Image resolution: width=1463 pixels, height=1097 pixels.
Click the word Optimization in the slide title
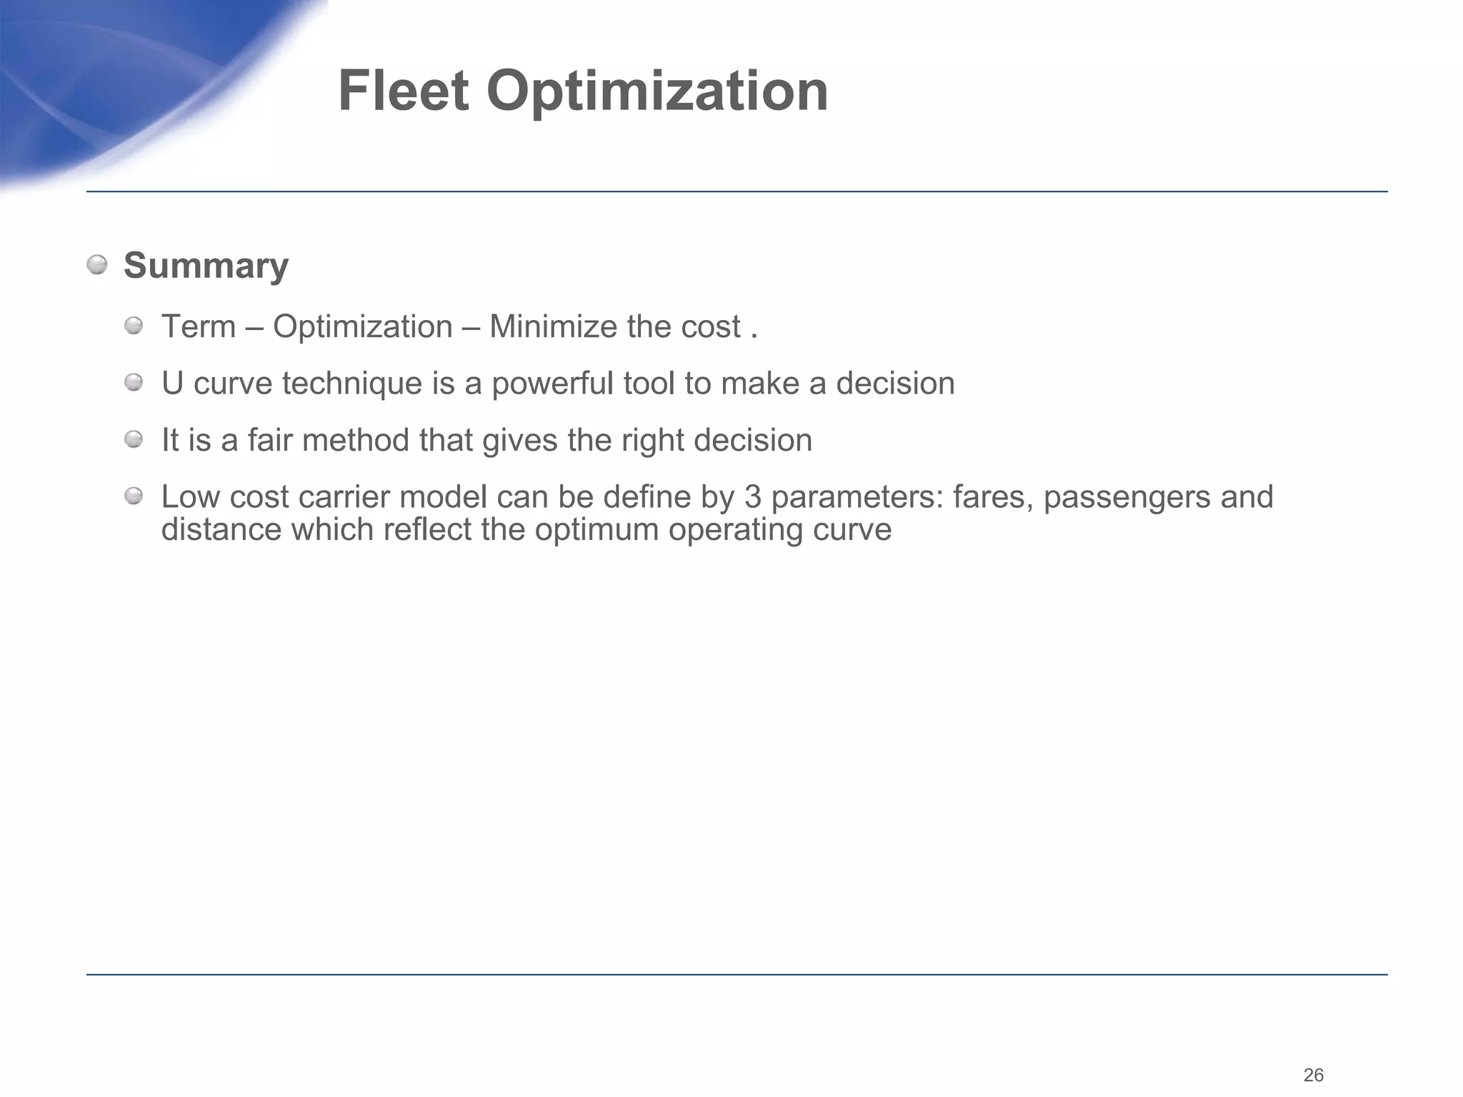[657, 93]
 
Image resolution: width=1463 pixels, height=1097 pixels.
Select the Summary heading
[206, 266]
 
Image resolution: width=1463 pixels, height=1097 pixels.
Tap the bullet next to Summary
[97, 266]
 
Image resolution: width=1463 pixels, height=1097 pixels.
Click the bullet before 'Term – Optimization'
[134, 327]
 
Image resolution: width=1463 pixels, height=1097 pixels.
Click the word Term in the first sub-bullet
[199, 327]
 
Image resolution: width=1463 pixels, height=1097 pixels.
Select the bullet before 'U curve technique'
[134, 384]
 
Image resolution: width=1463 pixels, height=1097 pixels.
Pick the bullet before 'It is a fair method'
[134, 440]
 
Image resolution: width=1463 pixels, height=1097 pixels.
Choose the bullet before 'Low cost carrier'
[134, 496]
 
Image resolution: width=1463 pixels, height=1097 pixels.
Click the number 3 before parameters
[753, 497]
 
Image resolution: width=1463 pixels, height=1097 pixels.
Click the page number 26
[1314, 1075]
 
